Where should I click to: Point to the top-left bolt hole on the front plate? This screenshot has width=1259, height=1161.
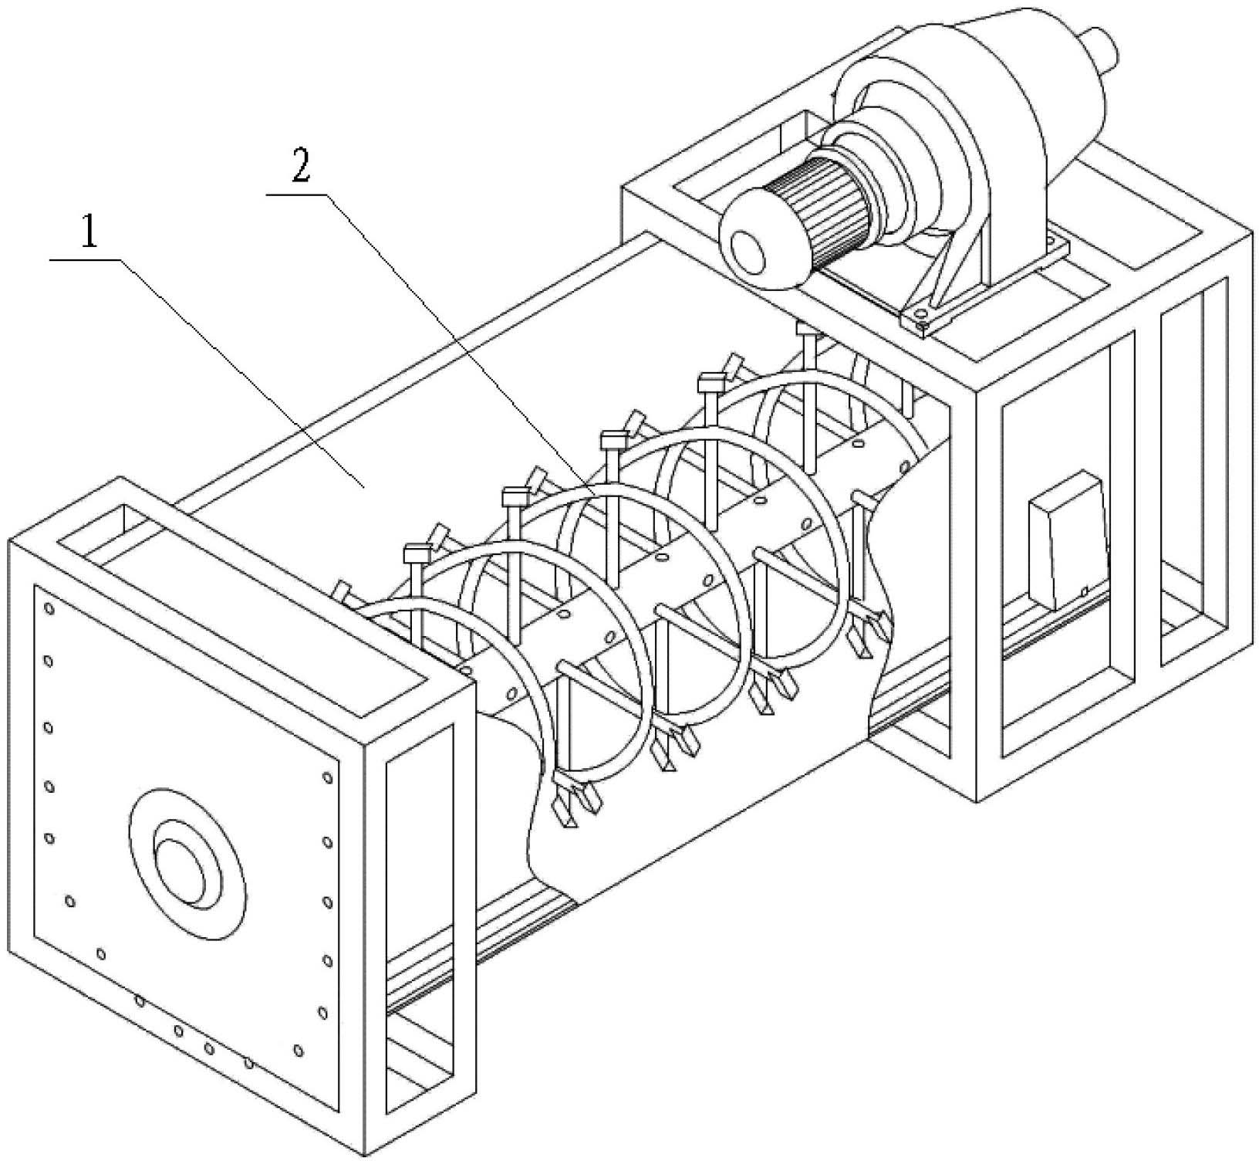pyautogui.click(x=49, y=610)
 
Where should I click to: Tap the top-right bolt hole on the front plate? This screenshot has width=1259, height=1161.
pyautogui.click(x=329, y=780)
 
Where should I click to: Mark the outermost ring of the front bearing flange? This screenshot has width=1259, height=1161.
pyautogui.click(x=186, y=863)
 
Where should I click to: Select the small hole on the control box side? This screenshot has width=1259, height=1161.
pyautogui.click(x=1085, y=592)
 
